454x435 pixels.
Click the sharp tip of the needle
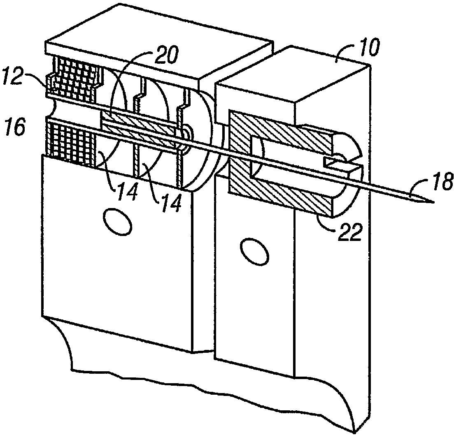click(433, 202)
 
